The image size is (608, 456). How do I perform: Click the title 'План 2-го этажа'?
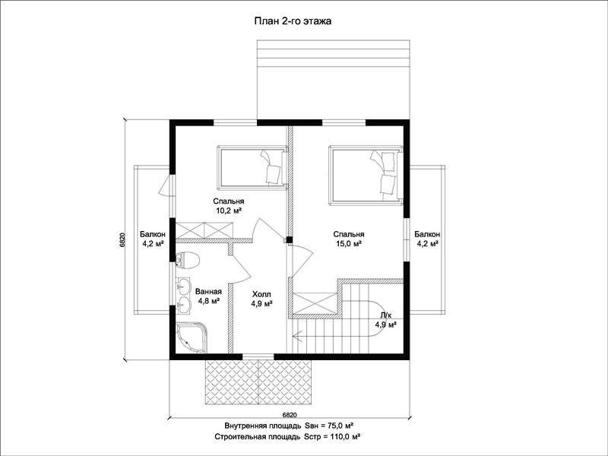[293, 21]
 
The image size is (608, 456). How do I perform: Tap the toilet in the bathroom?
[187, 260]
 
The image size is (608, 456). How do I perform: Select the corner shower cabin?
[192, 337]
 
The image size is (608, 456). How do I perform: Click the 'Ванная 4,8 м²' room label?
[208, 296]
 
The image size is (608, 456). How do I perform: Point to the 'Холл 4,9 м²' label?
[261, 299]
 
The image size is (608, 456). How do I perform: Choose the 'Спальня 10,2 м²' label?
[229, 206]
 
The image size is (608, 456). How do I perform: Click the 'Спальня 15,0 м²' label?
[349, 239]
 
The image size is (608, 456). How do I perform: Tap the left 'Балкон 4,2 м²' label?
[153, 239]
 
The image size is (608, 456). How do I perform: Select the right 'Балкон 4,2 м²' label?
[427, 239]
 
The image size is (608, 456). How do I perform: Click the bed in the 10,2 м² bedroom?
[252, 167]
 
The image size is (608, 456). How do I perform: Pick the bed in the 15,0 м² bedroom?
[365, 174]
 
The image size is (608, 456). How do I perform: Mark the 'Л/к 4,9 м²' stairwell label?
[385, 320]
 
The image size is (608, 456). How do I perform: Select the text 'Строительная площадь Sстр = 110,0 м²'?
[289, 436]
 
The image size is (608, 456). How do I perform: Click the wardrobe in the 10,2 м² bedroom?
[204, 230]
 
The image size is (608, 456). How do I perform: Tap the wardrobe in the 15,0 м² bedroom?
[315, 303]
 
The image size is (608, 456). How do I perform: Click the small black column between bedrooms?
[290, 239]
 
